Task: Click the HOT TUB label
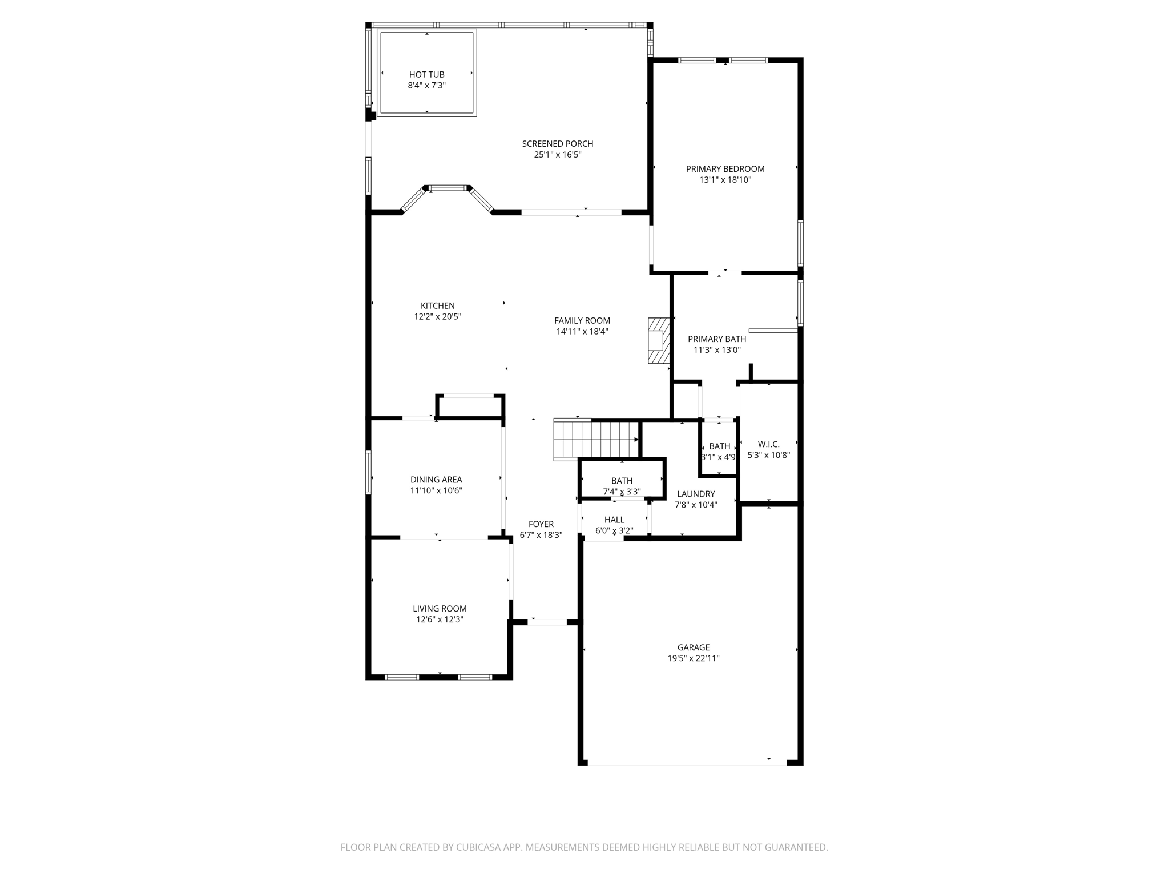point(426,74)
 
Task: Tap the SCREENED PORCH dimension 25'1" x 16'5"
point(557,155)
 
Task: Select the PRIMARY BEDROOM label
point(725,169)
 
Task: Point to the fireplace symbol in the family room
point(658,341)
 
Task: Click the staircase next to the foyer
point(595,440)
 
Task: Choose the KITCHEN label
point(437,305)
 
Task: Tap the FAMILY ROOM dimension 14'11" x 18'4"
point(582,331)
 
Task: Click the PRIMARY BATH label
point(716,339)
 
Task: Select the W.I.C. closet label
point(768,444)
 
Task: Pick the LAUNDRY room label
point(695,494)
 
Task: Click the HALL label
point(614,520)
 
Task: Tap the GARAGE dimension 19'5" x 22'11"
point(693,658)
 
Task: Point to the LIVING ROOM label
point(440,609)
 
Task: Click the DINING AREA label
point(436,480)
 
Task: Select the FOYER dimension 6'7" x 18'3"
point(541,535)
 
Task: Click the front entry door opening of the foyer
point(547,622)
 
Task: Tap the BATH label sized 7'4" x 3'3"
point(622,481)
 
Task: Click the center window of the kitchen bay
point(448,187)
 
